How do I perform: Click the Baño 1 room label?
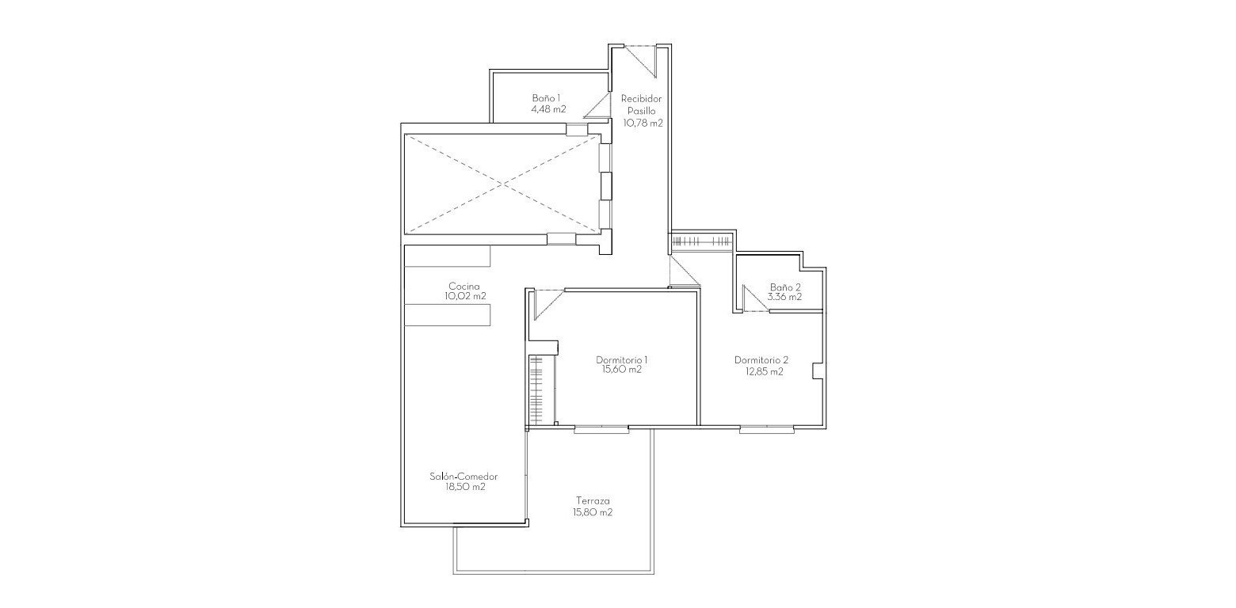point(548,98)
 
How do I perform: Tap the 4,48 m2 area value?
point(548,109)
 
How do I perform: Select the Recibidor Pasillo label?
point(641,105)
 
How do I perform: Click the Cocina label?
point(465,286)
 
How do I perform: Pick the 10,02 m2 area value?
point(465,296)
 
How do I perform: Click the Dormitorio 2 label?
point(761,359)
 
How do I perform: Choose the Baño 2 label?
point(785,287)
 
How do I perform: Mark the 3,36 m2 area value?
point(784,298)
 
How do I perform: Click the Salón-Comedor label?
point(465,477)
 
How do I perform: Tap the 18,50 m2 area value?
point(465,488)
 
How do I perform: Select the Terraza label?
point(593,501)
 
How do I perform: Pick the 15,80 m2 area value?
point(593,512)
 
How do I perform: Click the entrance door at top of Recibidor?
point(640,60)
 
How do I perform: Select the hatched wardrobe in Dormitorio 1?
point(536,391)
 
